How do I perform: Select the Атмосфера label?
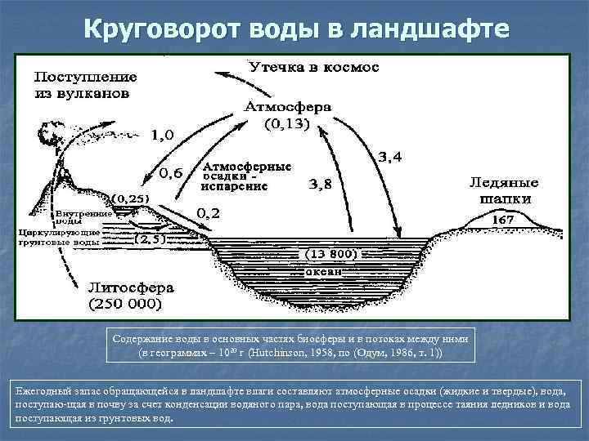(x=288, y=106)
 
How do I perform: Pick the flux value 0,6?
(x=171, y=172)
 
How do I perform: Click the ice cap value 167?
(x=501, y=220)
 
